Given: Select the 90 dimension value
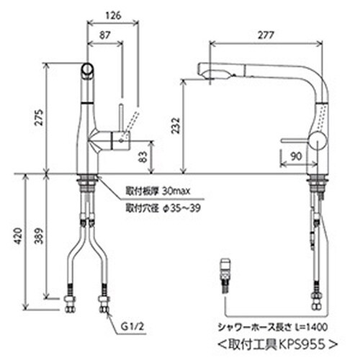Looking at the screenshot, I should pyautogui.click(x=295, y=153).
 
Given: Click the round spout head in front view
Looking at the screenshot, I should pyautogui.click(x=86, y=70).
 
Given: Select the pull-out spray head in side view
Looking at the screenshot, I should pyautogui.click(x=216, y=70).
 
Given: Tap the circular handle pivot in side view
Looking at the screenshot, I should pyautogui.click(x=316, y=140).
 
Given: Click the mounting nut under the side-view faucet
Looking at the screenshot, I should pyautogui.click(x=317, y=181).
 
